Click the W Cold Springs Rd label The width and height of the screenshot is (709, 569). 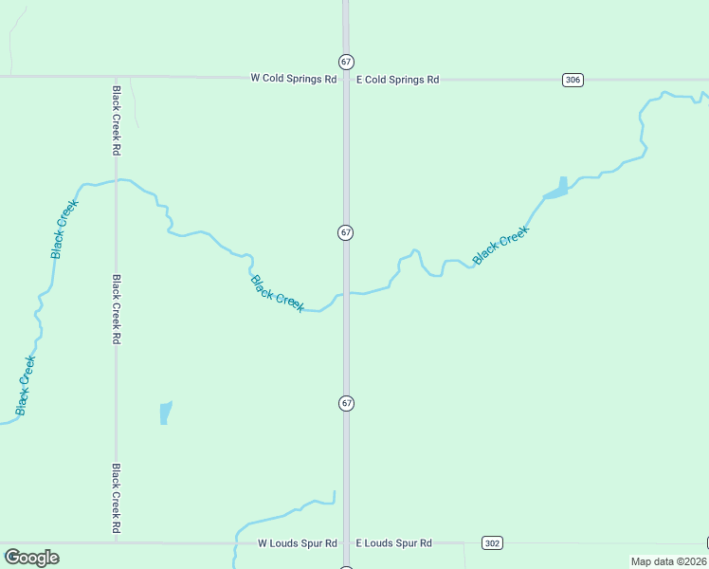293,80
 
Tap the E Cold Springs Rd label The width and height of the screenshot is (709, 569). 397,80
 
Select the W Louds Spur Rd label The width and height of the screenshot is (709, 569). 298,543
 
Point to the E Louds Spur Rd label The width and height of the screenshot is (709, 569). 393,543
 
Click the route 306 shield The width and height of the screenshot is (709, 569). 572,80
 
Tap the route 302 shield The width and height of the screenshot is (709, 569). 492,543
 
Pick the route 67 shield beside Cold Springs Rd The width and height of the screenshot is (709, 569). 346,62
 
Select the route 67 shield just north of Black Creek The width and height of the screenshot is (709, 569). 346,232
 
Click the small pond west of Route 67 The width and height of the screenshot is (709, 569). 166,413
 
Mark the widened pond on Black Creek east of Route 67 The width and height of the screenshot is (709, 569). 557,190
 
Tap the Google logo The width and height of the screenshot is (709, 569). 31,558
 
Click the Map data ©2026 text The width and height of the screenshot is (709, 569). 668,561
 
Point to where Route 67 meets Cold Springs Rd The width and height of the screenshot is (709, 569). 346,78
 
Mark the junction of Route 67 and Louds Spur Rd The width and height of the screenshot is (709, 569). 346,543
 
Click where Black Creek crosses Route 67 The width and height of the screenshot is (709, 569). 346,293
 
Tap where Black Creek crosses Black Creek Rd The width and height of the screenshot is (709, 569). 116,180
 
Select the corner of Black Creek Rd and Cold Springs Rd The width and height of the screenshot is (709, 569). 116,77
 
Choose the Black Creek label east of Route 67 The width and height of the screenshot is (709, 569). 500,246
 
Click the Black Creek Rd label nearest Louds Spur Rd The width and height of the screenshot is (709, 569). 116,501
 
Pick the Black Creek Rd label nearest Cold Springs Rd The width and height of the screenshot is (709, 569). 116,120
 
